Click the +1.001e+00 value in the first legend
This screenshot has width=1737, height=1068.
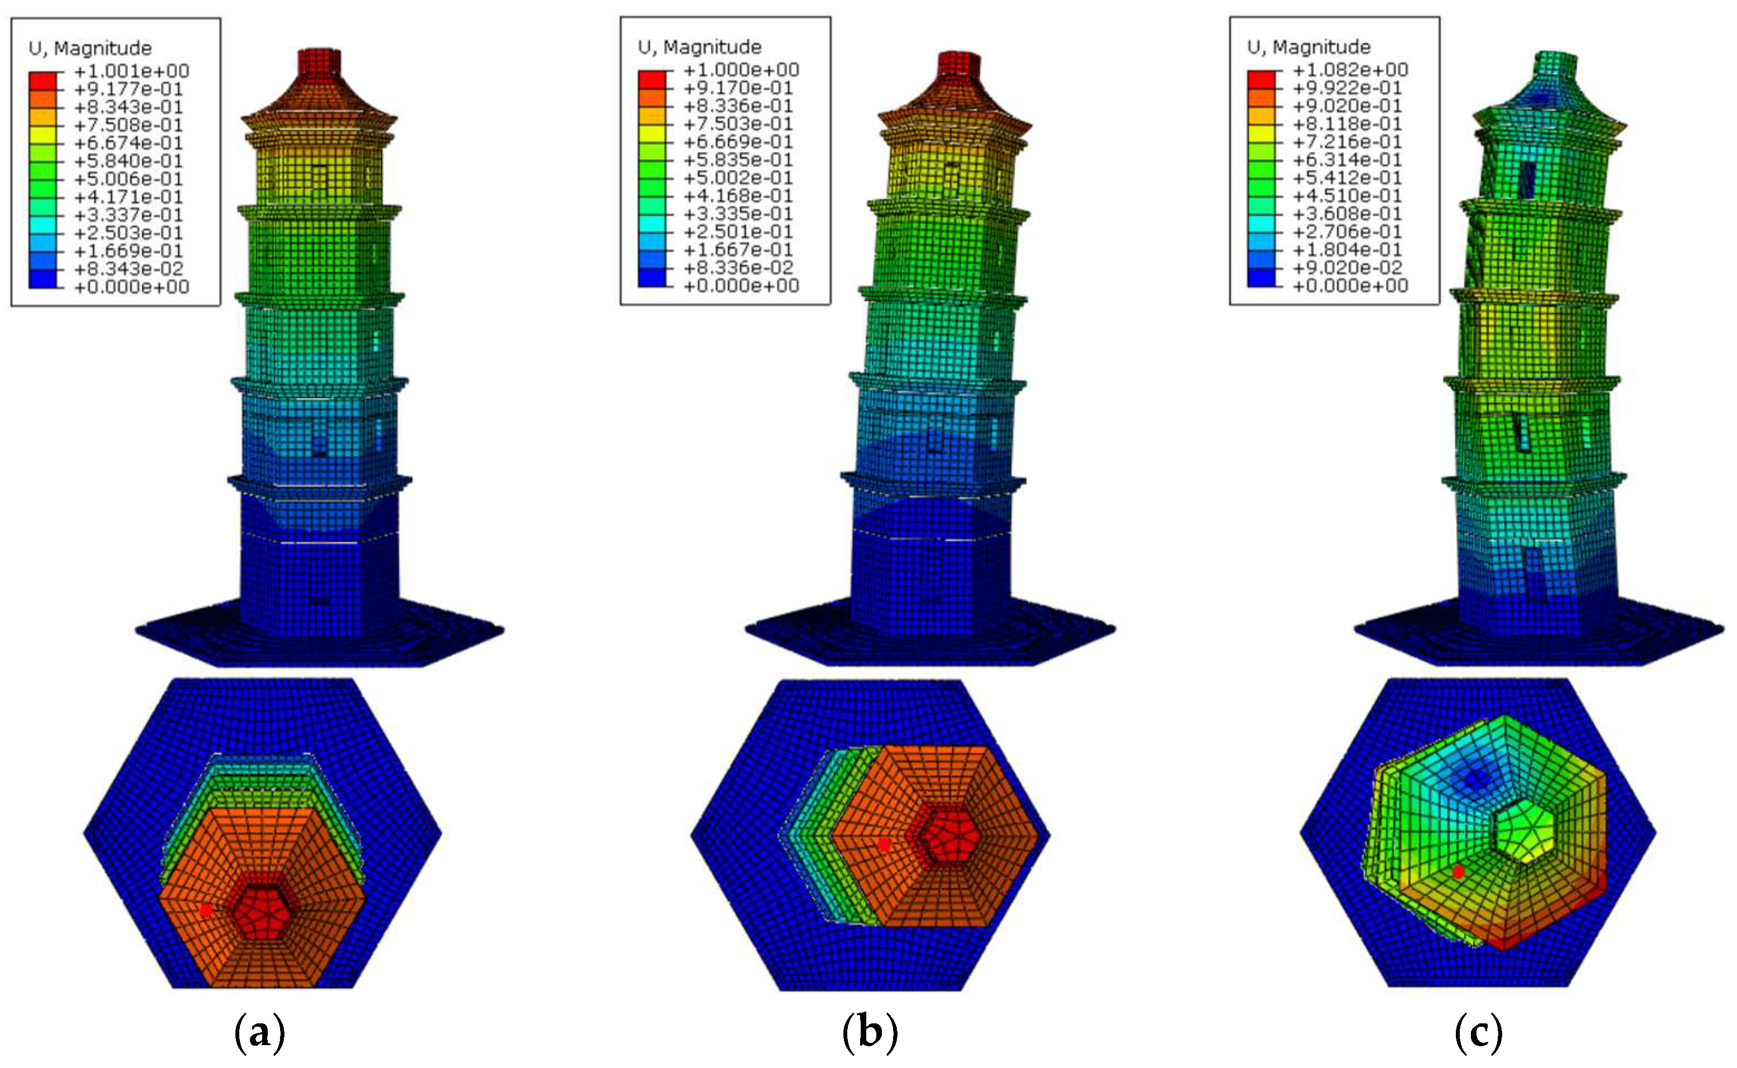(x=131, y=71)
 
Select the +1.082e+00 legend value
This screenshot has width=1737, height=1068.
(x=1350, y=70)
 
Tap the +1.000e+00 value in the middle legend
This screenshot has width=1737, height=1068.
(x=741, y=70)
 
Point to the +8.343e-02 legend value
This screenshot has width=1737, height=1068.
(x=128, y=269)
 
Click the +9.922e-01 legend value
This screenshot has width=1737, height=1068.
(x=1347, y=88)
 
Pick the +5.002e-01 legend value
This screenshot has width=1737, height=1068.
(x=738, y=178)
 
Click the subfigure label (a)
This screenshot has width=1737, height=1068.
(x=259, y=1033)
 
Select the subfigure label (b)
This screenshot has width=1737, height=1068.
(x=870, y=1033)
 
